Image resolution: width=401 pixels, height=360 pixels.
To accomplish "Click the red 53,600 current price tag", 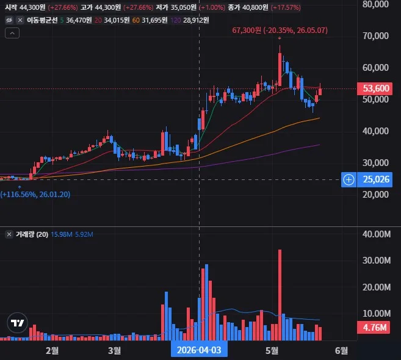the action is point(375,88).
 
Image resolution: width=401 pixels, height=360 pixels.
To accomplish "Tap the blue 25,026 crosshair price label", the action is point(375,179).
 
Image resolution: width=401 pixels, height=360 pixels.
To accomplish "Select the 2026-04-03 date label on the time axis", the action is point(199,350).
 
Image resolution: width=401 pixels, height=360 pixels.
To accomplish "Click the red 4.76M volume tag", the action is point(374,328).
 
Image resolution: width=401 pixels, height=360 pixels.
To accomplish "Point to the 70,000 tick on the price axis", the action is point(375,36).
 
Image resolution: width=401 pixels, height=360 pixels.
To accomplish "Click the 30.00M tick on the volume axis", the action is point(377,261).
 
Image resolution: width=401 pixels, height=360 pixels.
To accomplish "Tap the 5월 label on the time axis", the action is point(272,350).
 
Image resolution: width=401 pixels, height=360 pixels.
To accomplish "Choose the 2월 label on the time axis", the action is point(52,350).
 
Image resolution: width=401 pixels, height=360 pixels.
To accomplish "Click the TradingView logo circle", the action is point(17,323).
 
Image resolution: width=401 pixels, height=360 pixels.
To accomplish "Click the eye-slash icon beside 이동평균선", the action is point(9,20).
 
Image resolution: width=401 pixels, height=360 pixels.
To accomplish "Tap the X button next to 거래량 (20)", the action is point(9,234).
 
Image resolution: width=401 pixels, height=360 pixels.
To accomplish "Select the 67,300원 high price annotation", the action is point(280,31).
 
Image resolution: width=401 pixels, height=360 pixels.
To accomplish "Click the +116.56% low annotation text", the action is point(35,195).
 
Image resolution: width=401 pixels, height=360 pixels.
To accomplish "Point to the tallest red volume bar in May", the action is point(280,295).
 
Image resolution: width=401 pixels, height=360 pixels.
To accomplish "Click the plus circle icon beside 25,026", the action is point(349,179).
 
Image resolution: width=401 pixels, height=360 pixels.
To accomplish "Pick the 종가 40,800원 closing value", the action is point(248,7).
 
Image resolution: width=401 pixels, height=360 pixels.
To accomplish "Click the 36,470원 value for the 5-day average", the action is point(79,20).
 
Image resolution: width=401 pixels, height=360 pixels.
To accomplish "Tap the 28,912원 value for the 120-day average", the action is point(196,20).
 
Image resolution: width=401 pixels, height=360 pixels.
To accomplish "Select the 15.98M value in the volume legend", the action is point(62,234).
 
